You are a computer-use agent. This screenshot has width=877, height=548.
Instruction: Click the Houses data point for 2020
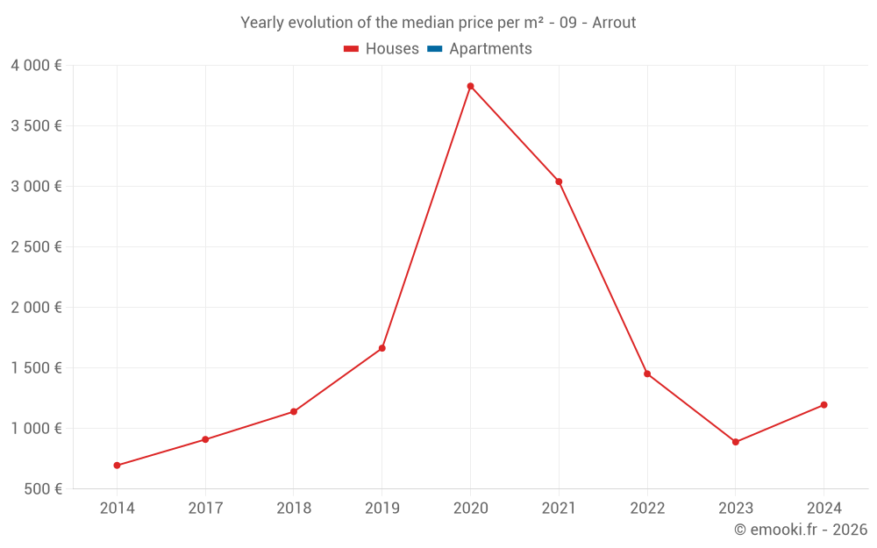[x=470, y=86]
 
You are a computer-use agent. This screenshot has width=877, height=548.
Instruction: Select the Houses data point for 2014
[x=117, y=466]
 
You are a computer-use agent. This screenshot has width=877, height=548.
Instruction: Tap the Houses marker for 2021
[x=559, y=181]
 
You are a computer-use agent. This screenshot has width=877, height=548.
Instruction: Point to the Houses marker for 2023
[x=736, y=442]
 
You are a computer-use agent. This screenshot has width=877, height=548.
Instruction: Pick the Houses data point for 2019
[x=382, y=348]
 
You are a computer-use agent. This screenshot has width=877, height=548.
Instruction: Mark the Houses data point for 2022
[x=647, y=374]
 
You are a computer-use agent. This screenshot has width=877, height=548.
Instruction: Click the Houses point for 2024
[x=824, y=405]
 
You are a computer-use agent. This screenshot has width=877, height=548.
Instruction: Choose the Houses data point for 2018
[x=294, y=411]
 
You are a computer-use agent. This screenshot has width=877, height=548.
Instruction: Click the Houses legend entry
[x=381, y=49]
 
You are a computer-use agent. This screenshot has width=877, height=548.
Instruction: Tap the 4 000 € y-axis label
[x=36, y=65]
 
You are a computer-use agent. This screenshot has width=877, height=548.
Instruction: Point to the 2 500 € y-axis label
[x=36, y=246]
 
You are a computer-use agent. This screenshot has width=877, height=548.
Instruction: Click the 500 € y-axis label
[x=42, y=488]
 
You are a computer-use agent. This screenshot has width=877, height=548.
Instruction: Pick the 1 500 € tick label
[x=36, y=367]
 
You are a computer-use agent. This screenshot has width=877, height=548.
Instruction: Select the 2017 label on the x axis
[x=205, y=508]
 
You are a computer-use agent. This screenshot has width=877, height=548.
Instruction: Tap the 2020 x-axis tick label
[x=470, y=508]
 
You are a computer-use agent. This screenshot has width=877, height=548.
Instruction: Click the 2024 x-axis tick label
[x=824, y=508]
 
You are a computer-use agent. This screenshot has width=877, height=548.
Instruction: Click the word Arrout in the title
[x=614, y=23]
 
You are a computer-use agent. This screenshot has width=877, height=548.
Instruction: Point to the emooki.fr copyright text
[x=801, y=530]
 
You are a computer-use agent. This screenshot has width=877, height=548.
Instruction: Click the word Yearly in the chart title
[x=262, y=23]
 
